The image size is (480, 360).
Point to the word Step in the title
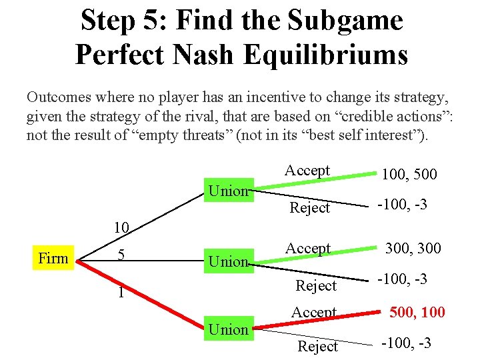(106, 20)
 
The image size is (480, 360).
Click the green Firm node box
(53, 258)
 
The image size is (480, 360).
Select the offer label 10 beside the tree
(121, 227)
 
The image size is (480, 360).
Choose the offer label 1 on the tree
(117, 292)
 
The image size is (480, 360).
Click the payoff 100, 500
(409, 175)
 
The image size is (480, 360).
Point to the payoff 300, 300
(412, 249)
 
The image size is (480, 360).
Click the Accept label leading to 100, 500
(307, 170)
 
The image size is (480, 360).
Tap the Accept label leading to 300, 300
(307, 249)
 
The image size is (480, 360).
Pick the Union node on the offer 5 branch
(228, 261)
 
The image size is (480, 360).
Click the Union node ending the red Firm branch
(228, 329)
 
